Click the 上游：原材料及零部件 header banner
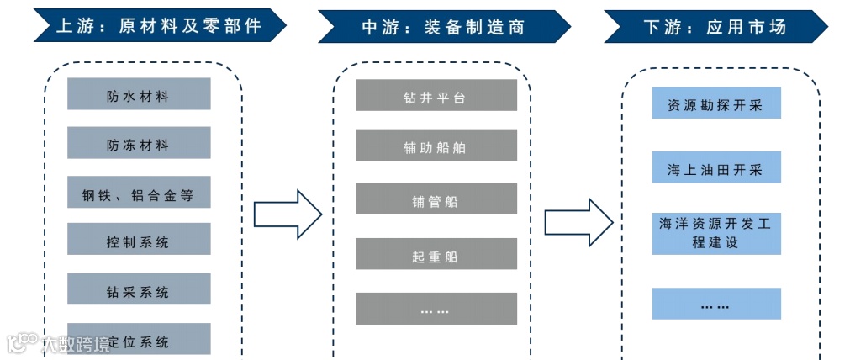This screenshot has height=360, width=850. click(x=159, y=26)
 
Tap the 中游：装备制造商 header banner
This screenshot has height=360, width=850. click(x=443, y=26)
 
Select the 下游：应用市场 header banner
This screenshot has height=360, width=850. click(x=715, y=26)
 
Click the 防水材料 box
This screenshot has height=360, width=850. click(x=139, y=94)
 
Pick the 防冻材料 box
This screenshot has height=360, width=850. click(x=139, y=144)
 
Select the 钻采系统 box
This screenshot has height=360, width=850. click(x=139, y=290)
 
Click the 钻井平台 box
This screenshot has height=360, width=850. click(x=436, y=96)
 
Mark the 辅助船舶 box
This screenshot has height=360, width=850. click(x=436, y=146)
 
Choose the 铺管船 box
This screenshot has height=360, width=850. click(x=436, y=200)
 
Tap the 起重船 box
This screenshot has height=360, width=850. click(x=436, y=255)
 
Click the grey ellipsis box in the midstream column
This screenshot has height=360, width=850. click(x=436, y=309)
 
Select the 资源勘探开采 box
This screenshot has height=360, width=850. click(x=716, y=104)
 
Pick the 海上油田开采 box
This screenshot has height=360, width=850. click(x=716, y=168)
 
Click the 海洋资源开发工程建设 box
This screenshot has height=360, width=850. click(x=716, y=233)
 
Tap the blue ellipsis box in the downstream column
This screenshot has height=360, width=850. click(x=716, y=304)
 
